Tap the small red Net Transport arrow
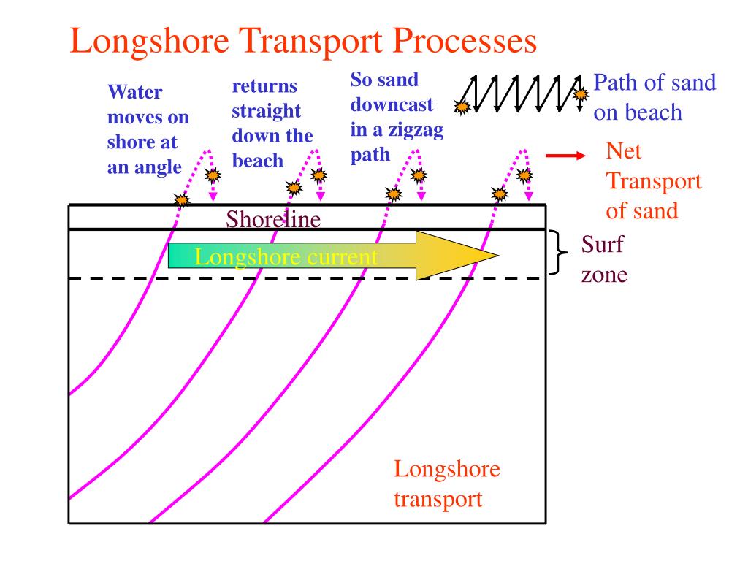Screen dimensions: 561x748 (566, 156)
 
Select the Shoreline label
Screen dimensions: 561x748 (273, 218)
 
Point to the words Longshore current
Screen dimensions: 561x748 (286, 256)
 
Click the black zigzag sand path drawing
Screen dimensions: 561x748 (520, 93)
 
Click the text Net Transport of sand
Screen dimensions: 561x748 (652, 181)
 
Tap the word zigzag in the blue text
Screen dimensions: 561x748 (418, 131)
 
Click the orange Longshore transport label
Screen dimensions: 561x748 (447, 484)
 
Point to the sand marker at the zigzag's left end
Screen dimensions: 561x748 (461, 107)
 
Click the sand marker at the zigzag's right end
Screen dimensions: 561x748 (581, 94)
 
